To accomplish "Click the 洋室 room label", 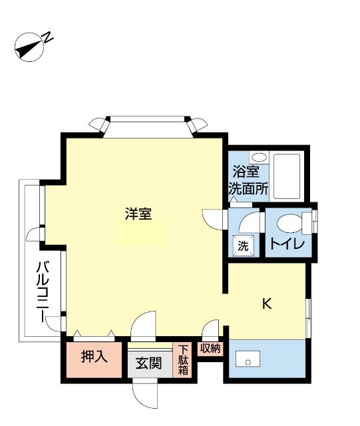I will [139, 214].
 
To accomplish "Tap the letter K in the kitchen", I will [267, 304].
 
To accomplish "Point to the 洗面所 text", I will [248, 188].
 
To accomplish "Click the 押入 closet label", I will [94, 357].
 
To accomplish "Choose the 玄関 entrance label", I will [149, 363].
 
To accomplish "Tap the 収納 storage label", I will [210, 348].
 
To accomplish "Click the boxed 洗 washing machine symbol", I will [243, 245].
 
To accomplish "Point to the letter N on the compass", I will [49, 39].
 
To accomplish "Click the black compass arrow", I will [27, 48].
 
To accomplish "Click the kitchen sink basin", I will [248, 361].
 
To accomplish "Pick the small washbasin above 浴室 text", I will [262, 157].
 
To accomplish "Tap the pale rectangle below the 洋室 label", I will [140, 232].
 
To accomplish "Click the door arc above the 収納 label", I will [212, 329].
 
